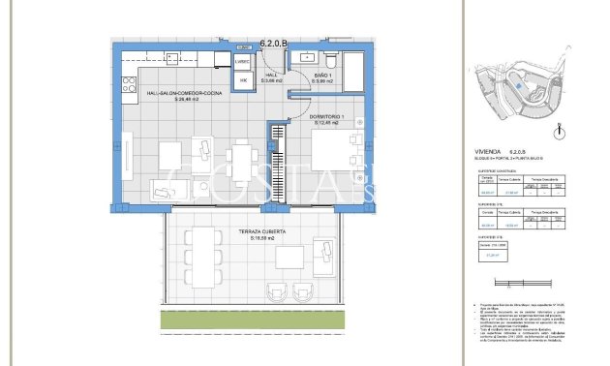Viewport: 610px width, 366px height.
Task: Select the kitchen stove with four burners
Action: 128,84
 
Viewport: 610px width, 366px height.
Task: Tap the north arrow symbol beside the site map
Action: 555,129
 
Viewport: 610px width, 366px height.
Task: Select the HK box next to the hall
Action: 244,79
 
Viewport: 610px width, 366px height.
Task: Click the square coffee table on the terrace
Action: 290,258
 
